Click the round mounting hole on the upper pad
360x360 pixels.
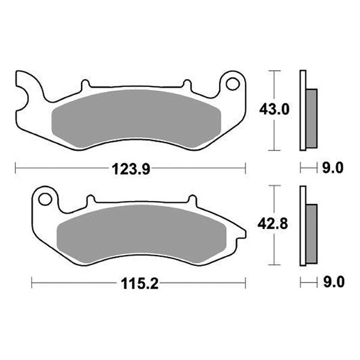[230, 85]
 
